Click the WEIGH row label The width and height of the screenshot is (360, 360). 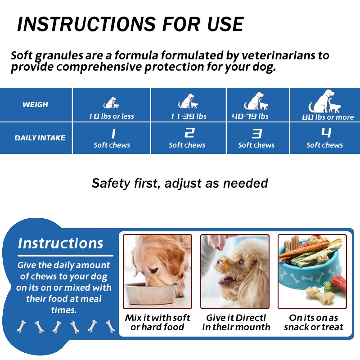coord(35,104)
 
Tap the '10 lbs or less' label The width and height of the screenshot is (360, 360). coord(112,116)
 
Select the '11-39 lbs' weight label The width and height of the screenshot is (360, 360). coord(189,116)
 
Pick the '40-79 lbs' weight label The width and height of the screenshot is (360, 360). coord(250,116)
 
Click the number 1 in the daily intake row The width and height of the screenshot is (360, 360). coord(112,133)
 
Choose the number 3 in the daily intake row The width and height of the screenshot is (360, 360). coord(256,133)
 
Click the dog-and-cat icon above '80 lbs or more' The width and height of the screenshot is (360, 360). coord(324,101)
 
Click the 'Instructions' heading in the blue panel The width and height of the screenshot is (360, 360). coord(61,243)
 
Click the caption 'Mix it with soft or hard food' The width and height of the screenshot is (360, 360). coord(157,322)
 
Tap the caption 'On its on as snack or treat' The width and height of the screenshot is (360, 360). coord(314,322)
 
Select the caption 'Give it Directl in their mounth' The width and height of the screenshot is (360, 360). coord(236,322)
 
